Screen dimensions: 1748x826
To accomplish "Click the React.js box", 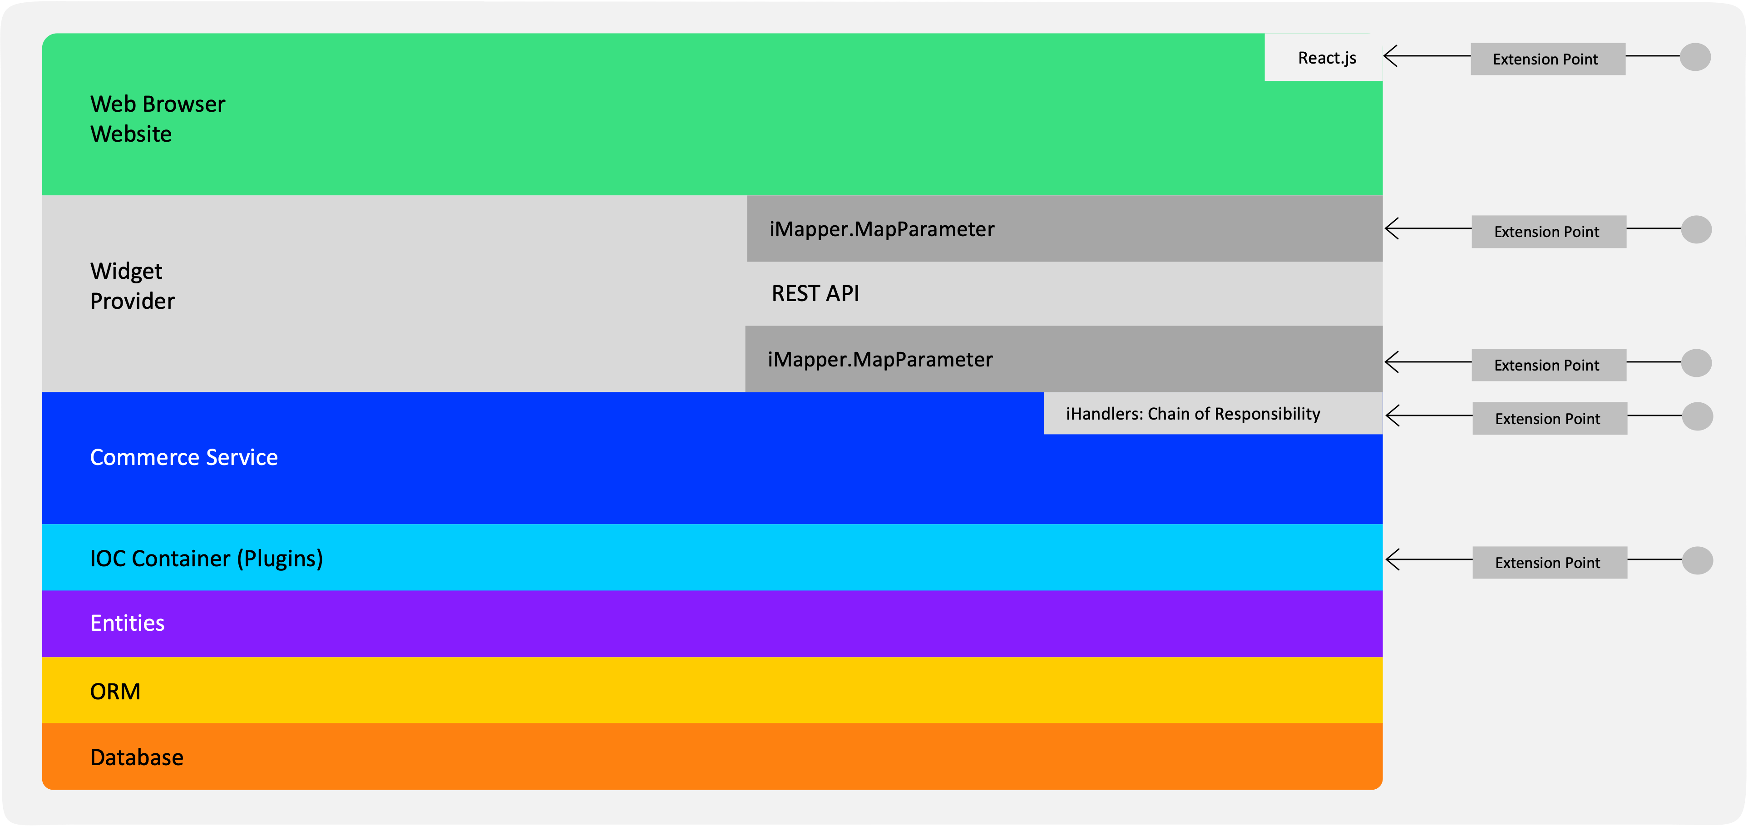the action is click(x=1323, y=57).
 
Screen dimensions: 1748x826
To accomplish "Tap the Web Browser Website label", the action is click(x=158, y=119).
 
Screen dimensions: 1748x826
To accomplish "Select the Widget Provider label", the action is click(x=132, y=286).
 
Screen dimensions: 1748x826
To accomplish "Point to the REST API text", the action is click(x=815, y=293).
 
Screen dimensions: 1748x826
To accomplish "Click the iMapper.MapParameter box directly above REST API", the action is click(x=1065, y=229).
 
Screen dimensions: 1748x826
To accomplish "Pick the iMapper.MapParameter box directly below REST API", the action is click(x=1064, y=359).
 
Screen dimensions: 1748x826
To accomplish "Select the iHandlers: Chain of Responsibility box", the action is click(x=1213, y=413).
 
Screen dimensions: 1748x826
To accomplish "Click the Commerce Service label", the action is click(x=184, y=457).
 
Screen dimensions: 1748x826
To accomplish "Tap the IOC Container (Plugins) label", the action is click(x=206, y=559).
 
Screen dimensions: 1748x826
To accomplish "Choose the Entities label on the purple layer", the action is click(x=128, y=623).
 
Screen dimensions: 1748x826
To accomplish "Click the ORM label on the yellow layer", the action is click(x=115, y=692).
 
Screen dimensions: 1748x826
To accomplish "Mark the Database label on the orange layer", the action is click(x=136, y=757).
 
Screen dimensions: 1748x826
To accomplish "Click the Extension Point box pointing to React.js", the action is click(x=1548, y=59).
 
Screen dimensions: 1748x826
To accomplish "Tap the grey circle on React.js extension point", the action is click(x=1695, y=57).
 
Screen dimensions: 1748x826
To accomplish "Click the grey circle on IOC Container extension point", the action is click(x=1698, y=561).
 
